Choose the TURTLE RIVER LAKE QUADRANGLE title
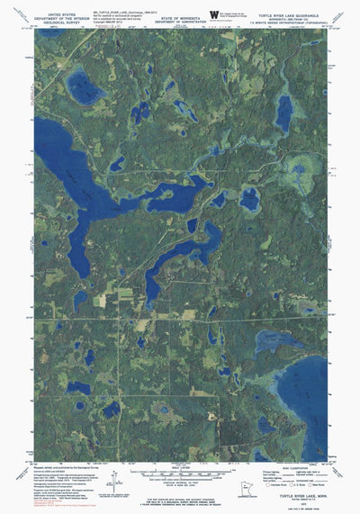coord(290,5)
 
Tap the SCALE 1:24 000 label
coord(180,468)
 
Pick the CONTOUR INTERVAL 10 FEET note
coord(180,482)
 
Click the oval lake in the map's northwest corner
coord(85,90)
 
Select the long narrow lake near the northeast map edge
coord(284,114)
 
